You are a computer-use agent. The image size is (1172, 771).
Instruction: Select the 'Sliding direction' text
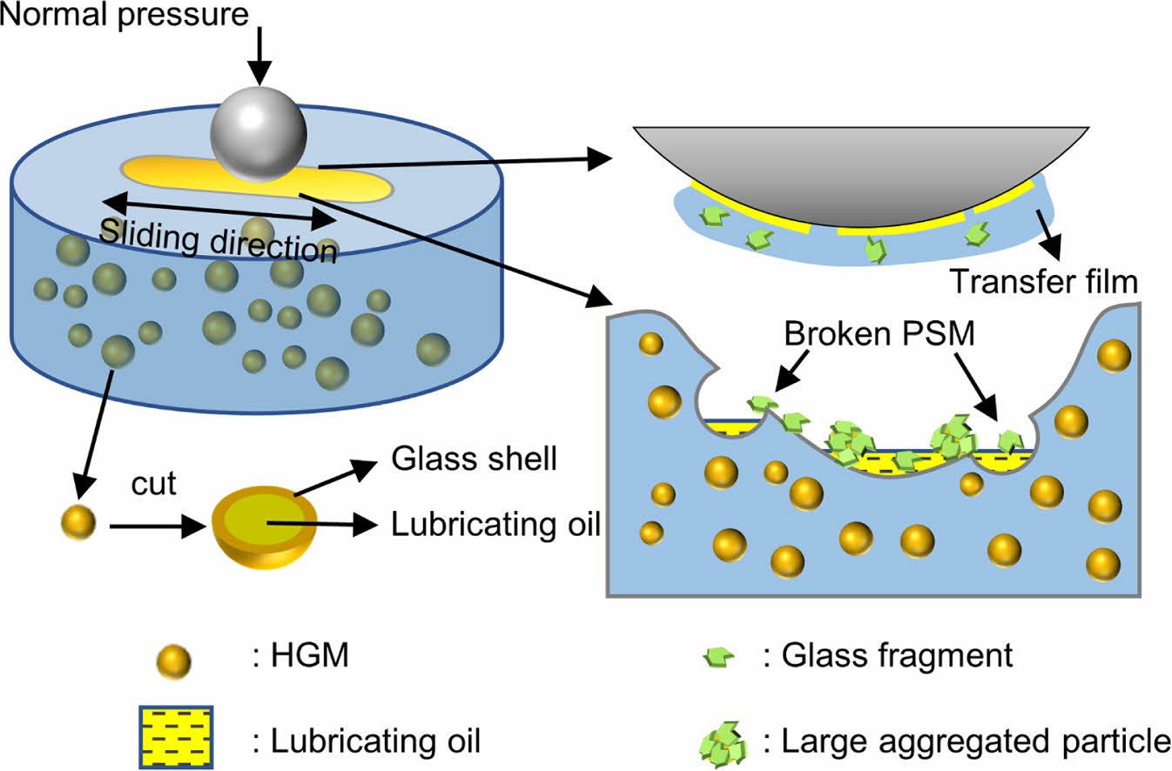(218, 240)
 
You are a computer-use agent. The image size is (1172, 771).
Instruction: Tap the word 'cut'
(153, 484)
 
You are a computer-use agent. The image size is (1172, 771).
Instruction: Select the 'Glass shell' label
(474, 459)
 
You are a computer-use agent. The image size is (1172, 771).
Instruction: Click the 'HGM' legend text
(300, 655)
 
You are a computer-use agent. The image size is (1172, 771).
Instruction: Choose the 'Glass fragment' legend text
(888, 655)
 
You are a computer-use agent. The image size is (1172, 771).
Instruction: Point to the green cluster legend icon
(722, 741)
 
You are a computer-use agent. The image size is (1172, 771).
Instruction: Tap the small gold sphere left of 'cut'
(77, 523)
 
